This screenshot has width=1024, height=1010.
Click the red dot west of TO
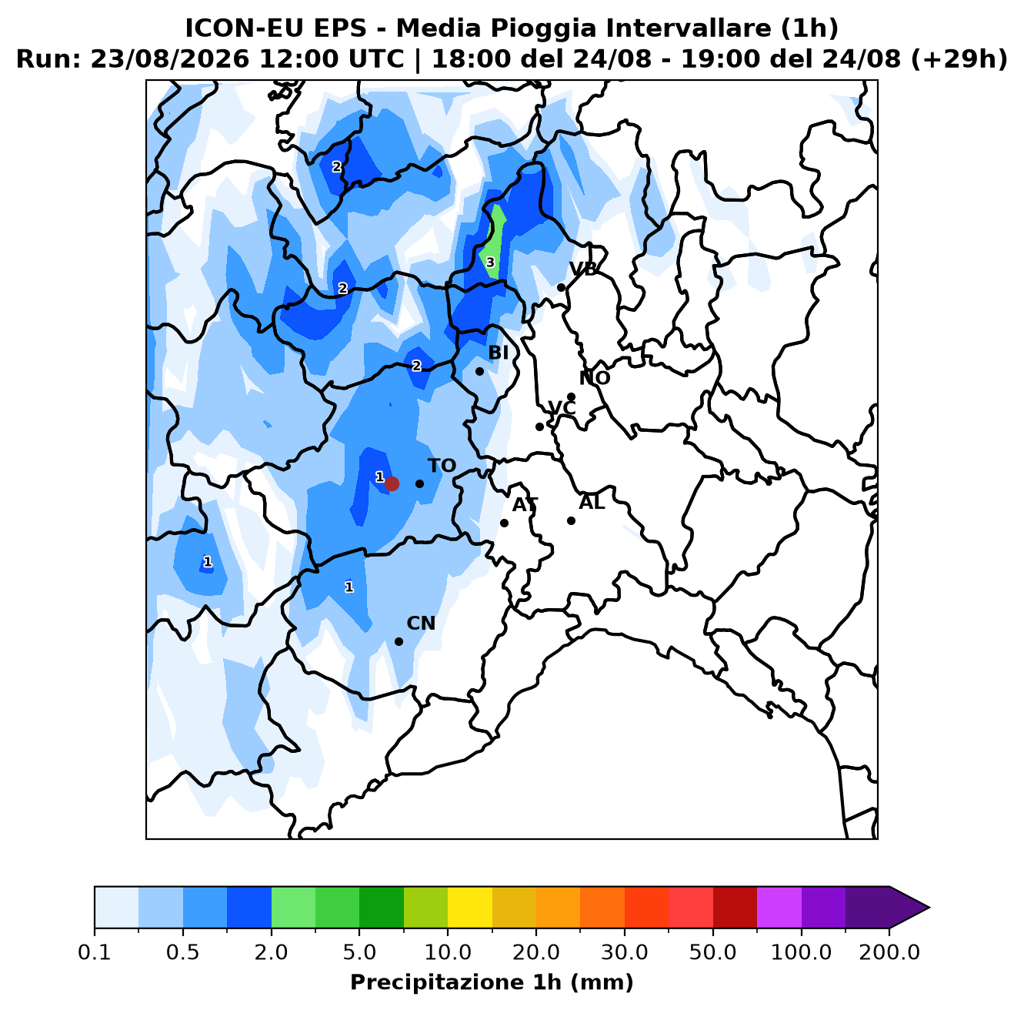pyautogui.click(x=392, y=483)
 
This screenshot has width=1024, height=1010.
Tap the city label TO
pyautogui.click(x=442, y=466)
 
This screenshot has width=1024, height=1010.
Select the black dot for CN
pyautogui.click(x=399, y=641)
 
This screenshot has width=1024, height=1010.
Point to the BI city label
pyautogui.click(x=498, y=353)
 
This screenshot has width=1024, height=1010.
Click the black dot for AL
pyautogui.click(x=571, y=520)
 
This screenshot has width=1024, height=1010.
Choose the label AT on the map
pyautogui.click(x=525, y=505)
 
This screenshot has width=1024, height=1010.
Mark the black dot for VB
pyautogui.click(x=561, y=287)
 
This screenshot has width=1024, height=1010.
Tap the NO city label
pyautogui.click(x=595, y=378)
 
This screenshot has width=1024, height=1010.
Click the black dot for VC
pyautogui.click(x=539, y=426)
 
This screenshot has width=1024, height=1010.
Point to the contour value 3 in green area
pyautogui.click(x=490, y=263)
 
